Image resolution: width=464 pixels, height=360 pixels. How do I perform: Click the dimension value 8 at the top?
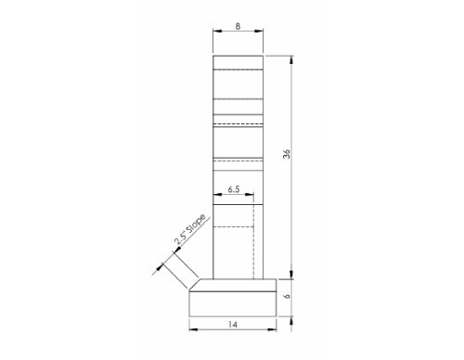[238, 27]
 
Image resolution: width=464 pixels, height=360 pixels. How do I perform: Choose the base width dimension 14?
[232, 326]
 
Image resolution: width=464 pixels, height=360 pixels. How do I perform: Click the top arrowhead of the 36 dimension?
[293, 58]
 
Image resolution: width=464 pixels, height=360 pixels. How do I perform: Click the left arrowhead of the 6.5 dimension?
[216, 195]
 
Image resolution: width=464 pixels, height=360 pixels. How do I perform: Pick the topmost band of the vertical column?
[238, 63]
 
